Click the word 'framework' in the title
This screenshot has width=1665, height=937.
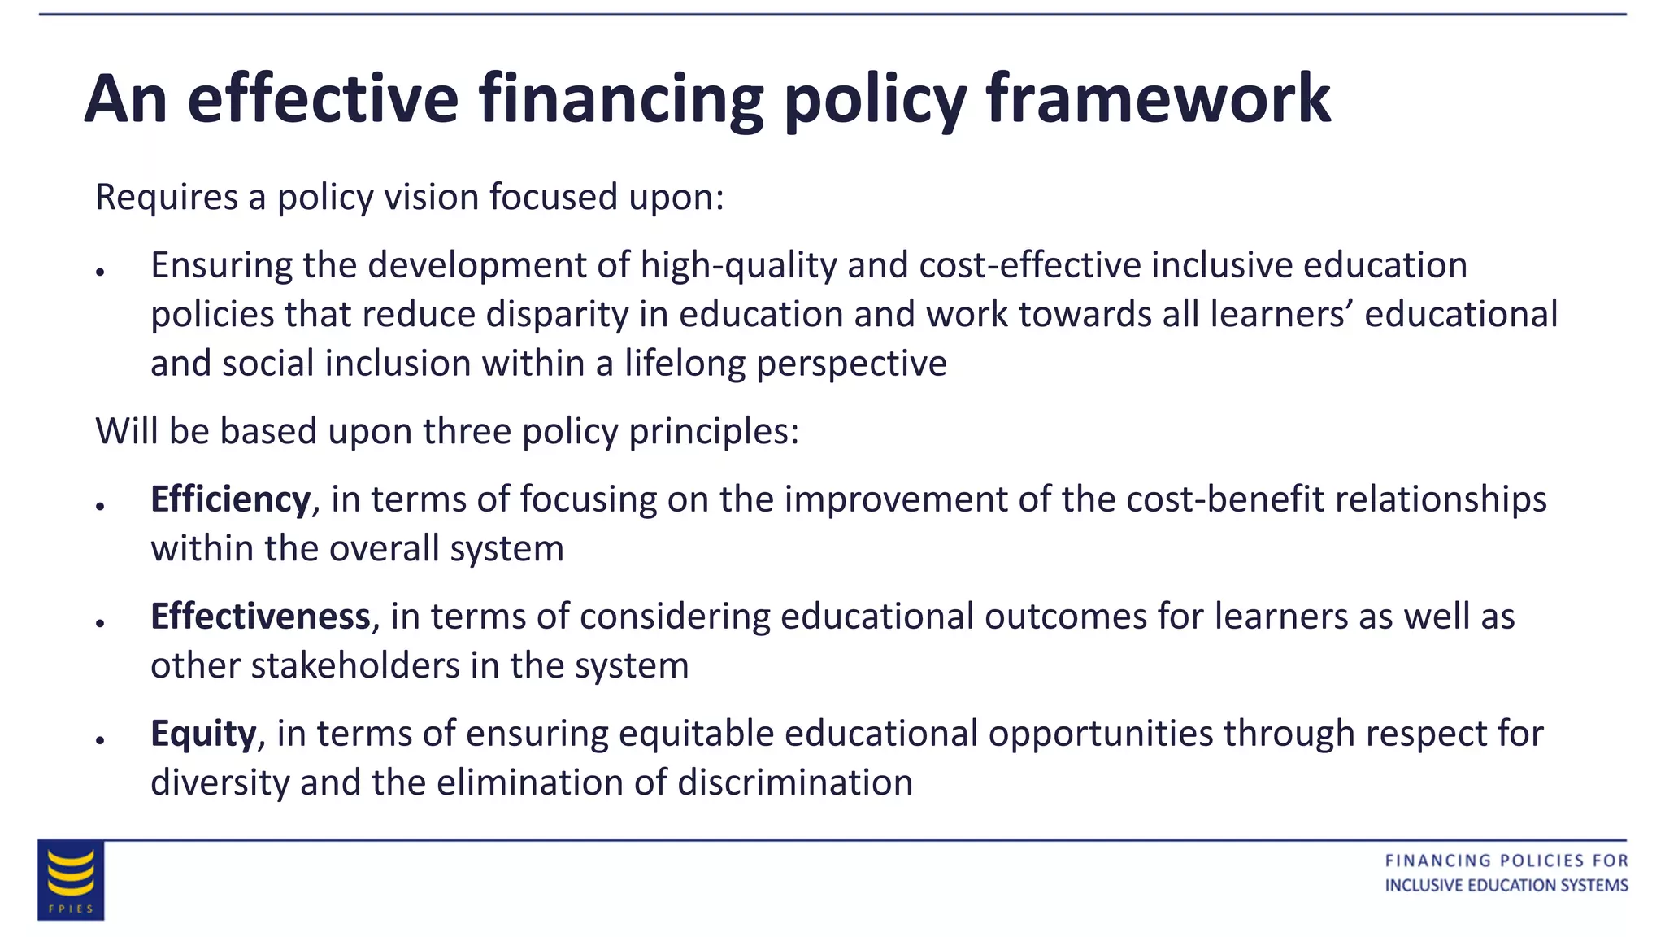1158,98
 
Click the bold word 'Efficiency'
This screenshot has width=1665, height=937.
230,499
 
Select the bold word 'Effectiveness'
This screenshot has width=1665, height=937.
260,617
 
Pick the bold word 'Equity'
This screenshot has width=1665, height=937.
203,734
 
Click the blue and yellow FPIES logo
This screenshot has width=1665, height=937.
71,880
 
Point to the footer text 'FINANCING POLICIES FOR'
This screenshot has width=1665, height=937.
1506,861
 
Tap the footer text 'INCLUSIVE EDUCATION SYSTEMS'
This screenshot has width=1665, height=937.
1506,885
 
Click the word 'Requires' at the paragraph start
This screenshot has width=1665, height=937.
167,198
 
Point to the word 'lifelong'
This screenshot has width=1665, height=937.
685,364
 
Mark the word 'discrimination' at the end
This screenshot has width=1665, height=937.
795,782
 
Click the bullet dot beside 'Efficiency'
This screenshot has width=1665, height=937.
100,506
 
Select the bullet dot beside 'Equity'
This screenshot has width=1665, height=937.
100,740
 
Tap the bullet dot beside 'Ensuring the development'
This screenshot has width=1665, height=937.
100,272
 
